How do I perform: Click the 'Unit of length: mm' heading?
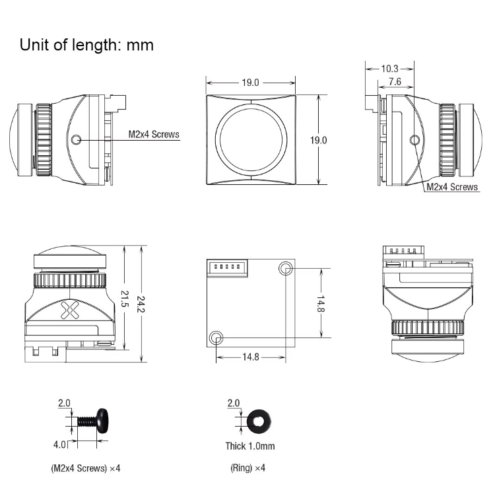(x=86, y=45)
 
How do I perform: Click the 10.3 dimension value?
(x=390, y=68)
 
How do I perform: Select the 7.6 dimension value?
(x=395, y=81)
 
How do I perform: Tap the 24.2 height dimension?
(x=139, y=304)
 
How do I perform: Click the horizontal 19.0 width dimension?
(x=250, y=83)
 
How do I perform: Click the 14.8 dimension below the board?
(x=251, y=357)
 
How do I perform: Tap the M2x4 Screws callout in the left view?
(x=153, y=134)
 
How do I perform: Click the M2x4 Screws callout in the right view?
(x=451, y=187)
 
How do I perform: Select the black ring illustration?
(x=257, y=420)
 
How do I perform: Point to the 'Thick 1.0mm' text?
(x=250, y=446)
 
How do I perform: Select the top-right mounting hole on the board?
(x=286, y=268)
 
